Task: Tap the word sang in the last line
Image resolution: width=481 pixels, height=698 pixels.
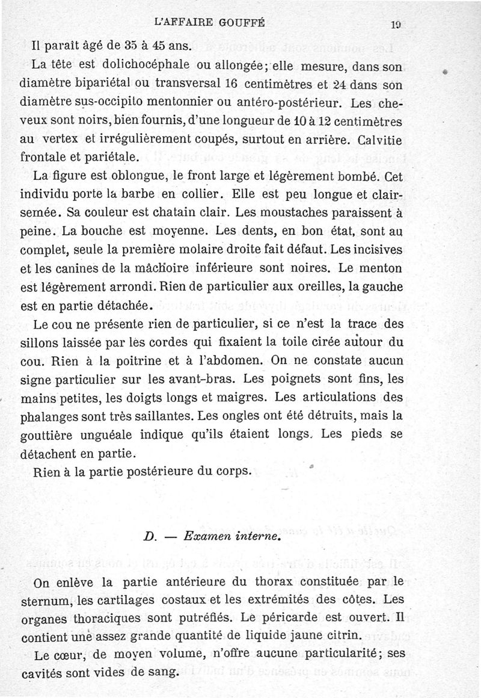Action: point(165,671)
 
